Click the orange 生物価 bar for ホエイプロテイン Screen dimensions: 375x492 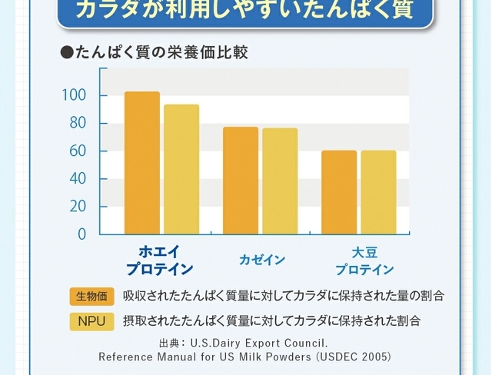(x=142, y=163)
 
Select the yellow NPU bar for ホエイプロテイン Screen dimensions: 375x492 (x=181, y=169)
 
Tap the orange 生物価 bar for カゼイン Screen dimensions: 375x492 (x=241, y=181)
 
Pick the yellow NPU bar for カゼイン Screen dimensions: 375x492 (x=280, y=181)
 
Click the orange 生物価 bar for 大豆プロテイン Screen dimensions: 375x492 (x=339, y=192)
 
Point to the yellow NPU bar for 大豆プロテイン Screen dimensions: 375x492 (x=378, y=192)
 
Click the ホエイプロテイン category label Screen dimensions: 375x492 (x=160, y=261)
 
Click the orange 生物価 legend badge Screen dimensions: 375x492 (x=91, y=296)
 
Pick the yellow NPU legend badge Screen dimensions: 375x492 (x=91, y=320)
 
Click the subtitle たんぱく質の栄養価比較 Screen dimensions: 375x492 (x=161, y=53)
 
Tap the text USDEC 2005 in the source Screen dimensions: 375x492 (x=354, y=357)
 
